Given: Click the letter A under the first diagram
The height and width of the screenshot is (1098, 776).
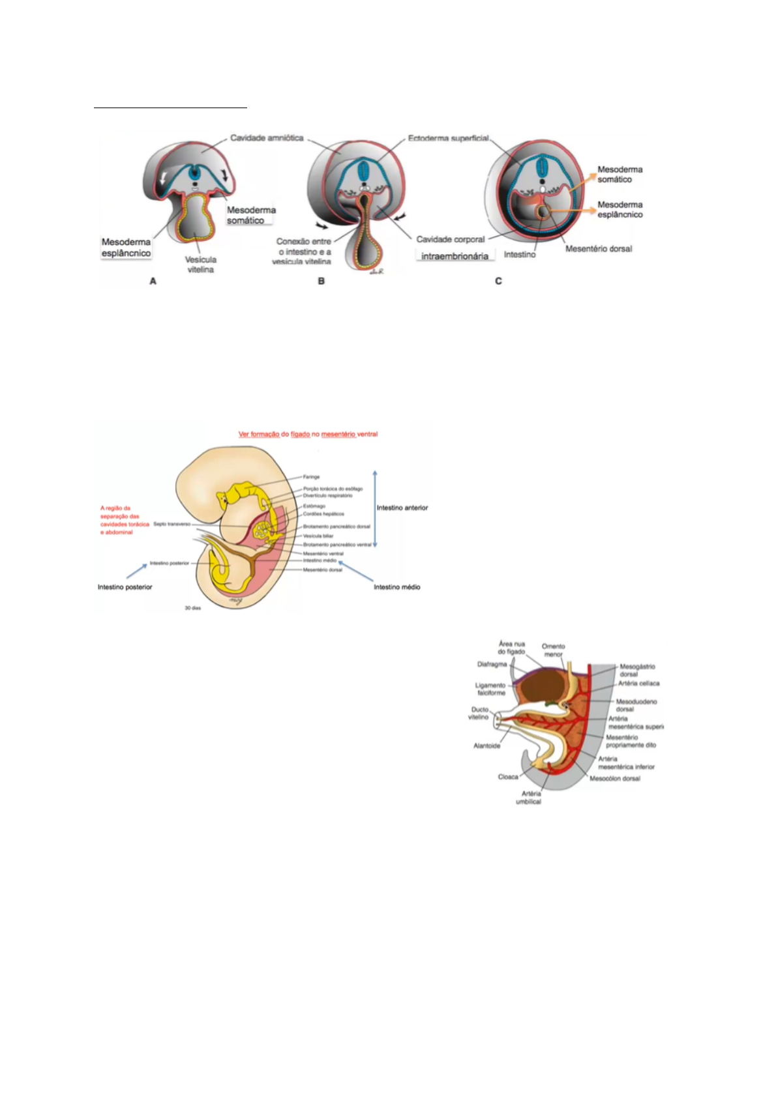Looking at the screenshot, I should (x=153, y=282).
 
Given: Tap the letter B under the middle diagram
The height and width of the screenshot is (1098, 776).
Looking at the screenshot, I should (x=321, y=282).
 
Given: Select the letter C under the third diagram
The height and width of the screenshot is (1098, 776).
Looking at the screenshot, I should (x=498, y=282).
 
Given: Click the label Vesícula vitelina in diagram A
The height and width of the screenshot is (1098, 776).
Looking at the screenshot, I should (x=200, y=265).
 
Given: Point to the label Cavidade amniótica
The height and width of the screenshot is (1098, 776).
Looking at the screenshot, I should (x=267, y=139).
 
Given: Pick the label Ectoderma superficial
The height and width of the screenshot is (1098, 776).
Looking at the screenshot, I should (x=448, y=139).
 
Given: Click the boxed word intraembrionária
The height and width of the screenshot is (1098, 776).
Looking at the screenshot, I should (x=455, y=256).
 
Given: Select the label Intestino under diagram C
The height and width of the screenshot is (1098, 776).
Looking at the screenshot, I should (x=520, y=255).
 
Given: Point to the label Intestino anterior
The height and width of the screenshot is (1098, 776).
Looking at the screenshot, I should (x=402, y=508).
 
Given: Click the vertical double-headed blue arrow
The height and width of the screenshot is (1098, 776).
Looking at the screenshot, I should (x=375, y=508).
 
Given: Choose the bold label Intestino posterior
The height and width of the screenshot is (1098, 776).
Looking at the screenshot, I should (x=125, y=587).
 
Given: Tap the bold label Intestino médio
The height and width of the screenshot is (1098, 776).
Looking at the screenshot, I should (x=396, y=587).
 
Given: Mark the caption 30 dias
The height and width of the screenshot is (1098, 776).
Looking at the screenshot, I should (x=192, y=608).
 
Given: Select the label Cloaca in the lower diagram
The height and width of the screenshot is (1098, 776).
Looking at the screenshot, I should (x=508, y=777).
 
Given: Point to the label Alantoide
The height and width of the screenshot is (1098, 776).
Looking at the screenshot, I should (x=486, y=745).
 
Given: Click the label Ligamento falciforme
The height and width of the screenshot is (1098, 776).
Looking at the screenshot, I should (x=490, y=689).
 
